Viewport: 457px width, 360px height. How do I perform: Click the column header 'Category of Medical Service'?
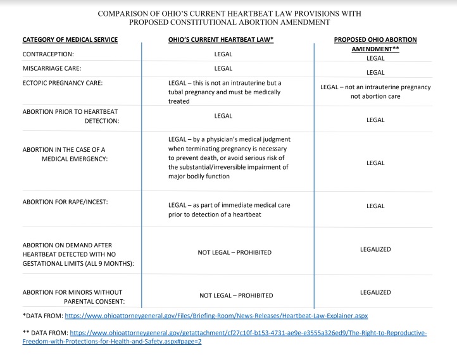coord(70,40)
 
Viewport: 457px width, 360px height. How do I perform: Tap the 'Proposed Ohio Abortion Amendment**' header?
coord(375,44)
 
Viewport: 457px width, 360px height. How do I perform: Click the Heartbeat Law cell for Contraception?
coord(223,54)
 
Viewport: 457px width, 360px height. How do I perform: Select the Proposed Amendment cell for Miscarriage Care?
coord(375,72)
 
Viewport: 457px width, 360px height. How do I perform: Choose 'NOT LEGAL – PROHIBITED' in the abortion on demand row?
coord(235,252)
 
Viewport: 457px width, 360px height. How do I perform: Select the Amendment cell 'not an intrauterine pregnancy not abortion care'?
coord(375,92)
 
